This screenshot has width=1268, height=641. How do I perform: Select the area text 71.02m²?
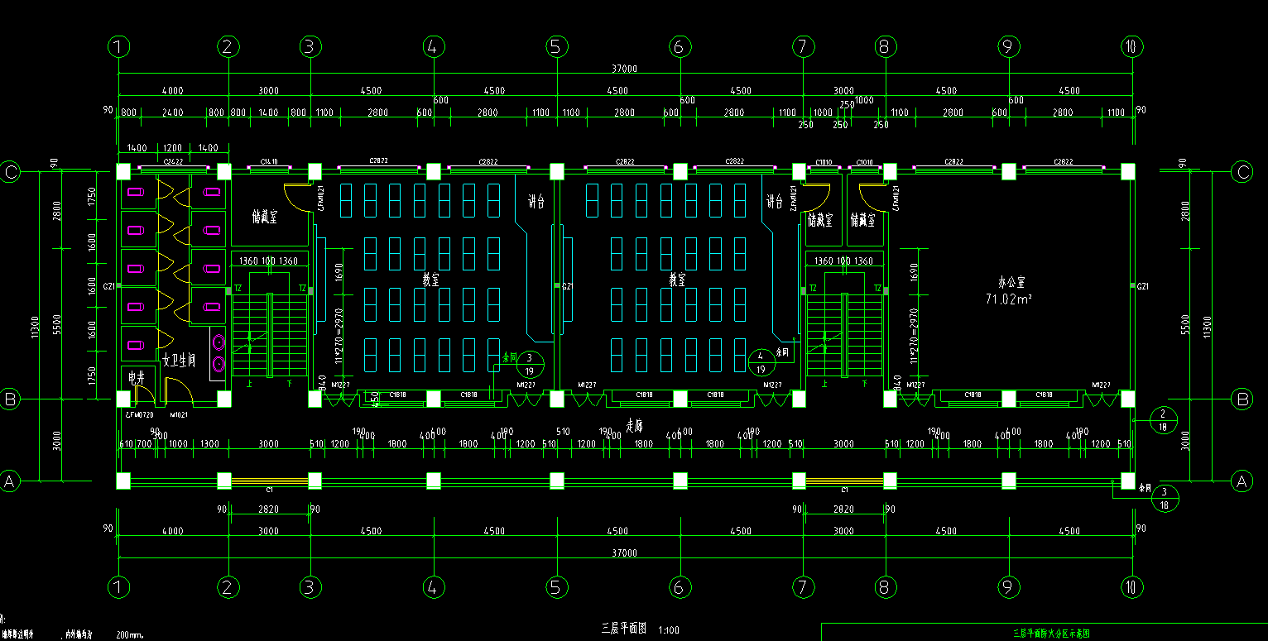tap(1008, 299)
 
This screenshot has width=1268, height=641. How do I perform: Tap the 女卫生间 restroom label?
tap(178, 360)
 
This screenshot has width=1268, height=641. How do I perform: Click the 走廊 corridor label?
tap(634, 426)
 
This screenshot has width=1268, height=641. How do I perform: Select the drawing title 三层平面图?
tap(623, 629)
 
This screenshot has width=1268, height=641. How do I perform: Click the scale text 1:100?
tap(669, 630)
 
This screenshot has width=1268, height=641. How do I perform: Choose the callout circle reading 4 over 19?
tap(760, 363)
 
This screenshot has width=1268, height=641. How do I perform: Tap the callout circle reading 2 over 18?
tap(1163, 420)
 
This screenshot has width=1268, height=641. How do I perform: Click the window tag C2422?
tap(173, 162)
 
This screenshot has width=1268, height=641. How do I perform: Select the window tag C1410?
tap(268, 162)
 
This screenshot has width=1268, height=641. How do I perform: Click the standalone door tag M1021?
tap(180, 414)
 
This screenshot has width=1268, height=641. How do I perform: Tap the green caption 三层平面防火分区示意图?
tap(1051, 634)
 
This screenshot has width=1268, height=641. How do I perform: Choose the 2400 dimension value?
tap(172, 112)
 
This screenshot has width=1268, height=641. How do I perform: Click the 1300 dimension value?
tap(209, 444)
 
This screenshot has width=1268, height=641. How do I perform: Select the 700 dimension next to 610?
tap(144, 444)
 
